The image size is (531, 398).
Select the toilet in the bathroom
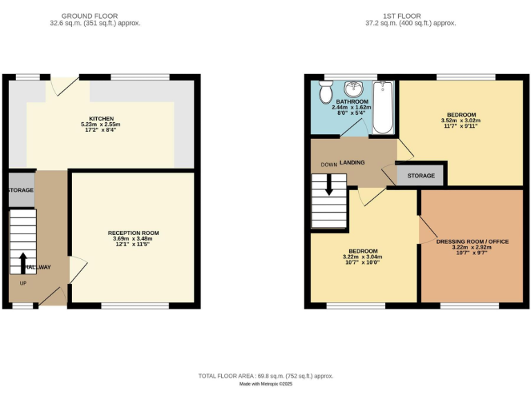tap(326, 91)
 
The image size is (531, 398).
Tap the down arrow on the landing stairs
tap(328, 183)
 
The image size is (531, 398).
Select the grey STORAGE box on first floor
tap(420, 176)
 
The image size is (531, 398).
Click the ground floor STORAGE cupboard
tap(21, 190)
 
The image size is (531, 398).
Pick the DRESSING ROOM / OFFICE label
tap(472, 241)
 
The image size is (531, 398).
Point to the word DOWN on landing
tap(328, 165)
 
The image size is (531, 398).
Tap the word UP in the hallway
tap(23, 284)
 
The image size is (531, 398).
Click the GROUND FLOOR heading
tap(89, 16)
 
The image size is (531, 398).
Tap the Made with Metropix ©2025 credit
tap(265, 384)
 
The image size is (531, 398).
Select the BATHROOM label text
tap(352, 102)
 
